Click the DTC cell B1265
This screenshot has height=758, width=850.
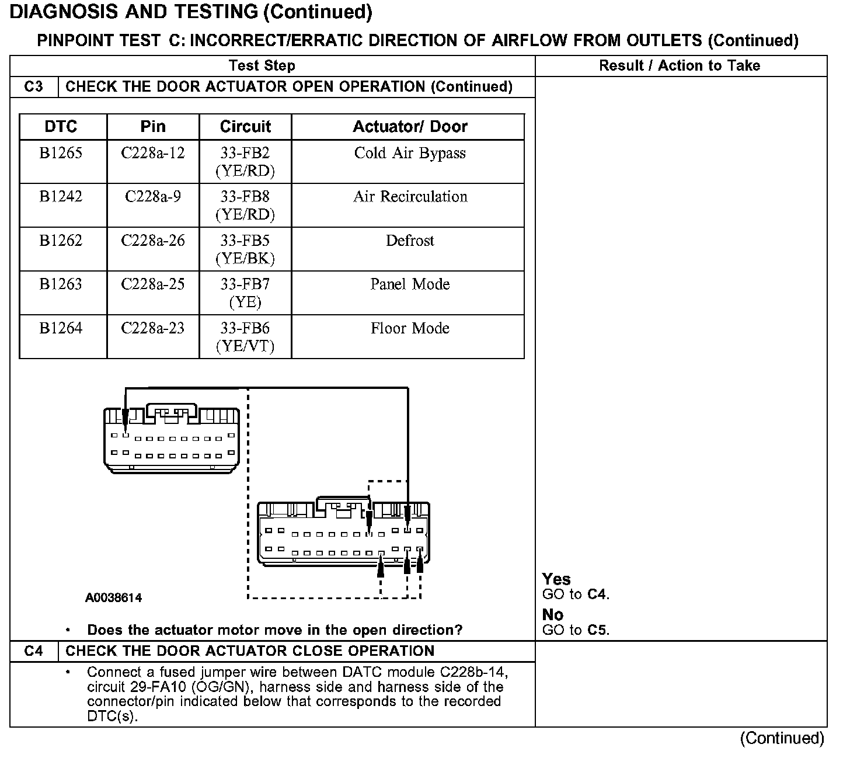61,154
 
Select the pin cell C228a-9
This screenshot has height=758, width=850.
153,197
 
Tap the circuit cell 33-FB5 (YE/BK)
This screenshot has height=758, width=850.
245,249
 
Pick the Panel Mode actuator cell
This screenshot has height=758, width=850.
410,284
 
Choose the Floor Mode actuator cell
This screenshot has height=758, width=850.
410,328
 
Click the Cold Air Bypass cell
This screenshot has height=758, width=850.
410,154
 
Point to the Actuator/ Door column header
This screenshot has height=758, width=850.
410,127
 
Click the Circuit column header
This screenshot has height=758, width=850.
245,127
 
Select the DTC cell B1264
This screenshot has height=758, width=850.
61,328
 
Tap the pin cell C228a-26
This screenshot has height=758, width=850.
153,241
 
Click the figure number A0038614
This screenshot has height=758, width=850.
113,598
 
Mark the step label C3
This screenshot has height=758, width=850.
34,87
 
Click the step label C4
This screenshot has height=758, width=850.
34,651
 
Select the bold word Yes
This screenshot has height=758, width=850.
556,579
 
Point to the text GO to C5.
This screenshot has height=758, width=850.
576,630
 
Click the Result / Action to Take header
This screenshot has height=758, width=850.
680,66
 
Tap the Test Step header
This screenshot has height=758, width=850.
262,66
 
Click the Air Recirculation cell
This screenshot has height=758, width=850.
410,197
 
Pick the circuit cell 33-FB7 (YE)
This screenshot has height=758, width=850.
245,293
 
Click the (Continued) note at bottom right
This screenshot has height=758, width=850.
782,739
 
